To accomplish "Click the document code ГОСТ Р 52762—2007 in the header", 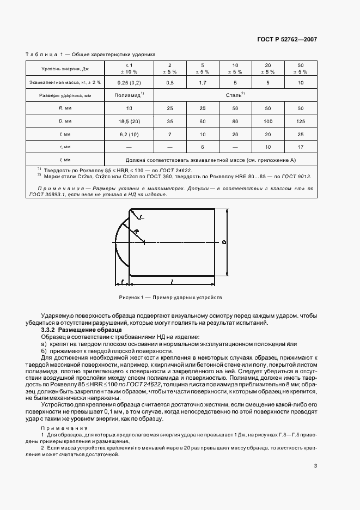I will point(286,40).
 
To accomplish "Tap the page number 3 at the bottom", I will point(316,465).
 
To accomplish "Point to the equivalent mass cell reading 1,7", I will point(202,82).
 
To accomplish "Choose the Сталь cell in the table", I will point(235,95).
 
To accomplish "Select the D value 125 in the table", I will point(301,121).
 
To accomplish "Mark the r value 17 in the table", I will point(301,147).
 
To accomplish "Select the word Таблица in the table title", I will point(42,54).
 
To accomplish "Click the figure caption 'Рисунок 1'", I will point(134,297).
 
